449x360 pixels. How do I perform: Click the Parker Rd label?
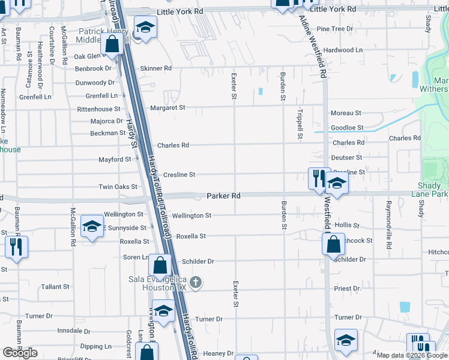pyautogui.click(x=223, y=196)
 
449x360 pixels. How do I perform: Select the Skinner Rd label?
pyautogui.click(x=155, y=68)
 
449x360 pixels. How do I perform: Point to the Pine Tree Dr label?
pyautogui.click(x=335, y=29)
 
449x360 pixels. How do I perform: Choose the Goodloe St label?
pyautogui.click(x=348, y=128)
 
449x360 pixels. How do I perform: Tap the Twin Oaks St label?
pyautogui.click(x=118, y=187)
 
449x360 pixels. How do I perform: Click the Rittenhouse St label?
pyautogui.click(x=98, y=110)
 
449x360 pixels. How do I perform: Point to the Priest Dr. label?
pyautogui.click(x=348, y=289)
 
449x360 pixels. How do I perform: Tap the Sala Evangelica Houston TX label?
pyautogui.click(x=158, y=283)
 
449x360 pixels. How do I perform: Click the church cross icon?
pyautogui.click(x=195, y=282)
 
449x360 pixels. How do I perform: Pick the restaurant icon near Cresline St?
pyautogui.click(x=319, y=178)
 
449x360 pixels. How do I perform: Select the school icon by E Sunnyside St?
pyautogui.click(x=92, y=226)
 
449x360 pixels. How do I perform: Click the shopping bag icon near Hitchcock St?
pyautogui.click(x=333, y=244)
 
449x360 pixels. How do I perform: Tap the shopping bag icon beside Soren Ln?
pyautogui.click(x=160, y=265)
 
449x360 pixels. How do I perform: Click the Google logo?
pyautogui.click(x=20, y=353)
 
